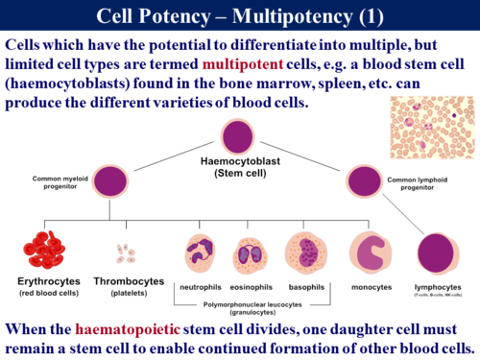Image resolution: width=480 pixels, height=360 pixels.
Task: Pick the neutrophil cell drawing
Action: point(199,254)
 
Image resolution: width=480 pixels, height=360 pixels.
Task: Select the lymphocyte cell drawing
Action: point(437,256)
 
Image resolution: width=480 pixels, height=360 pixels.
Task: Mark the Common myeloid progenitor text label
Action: point(48,182)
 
